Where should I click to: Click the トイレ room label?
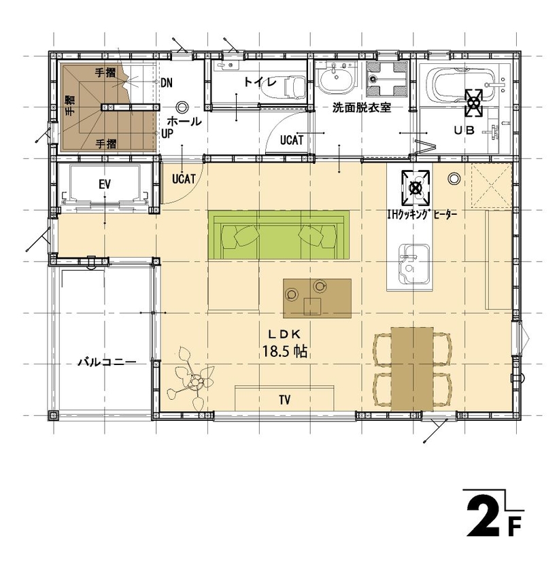(x=260, y=83)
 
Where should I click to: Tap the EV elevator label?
(x=105, y=184)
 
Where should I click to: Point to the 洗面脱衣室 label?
(x=360, y=107)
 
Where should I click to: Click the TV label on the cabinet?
(x=285, y=398)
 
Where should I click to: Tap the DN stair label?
(x=167, y=82)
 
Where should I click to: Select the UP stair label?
(x=167, y=134)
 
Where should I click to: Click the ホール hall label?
(x=184, y=122)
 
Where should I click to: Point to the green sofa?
(x=279, y=235)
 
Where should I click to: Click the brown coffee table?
(x=317, y=298)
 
